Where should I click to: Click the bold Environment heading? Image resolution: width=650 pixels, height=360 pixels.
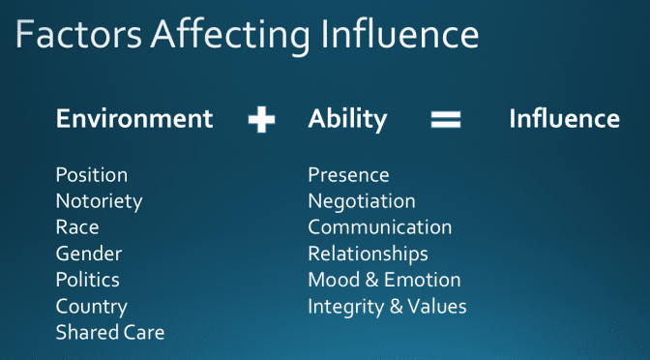click(x=134, y=119)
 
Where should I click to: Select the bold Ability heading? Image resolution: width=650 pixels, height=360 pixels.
click(x=347, y=119)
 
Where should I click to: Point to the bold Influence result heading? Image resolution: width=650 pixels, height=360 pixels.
click(x=564, y=119)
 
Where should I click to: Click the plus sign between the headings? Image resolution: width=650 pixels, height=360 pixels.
click(x=261, y=120)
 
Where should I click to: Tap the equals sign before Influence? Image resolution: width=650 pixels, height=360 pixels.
click(x=445, y=119)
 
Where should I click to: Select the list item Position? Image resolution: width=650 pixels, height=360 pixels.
click(x=92, y=175)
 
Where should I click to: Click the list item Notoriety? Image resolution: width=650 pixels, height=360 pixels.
click(x=99, y=201)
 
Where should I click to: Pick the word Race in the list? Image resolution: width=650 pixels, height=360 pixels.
click(x=77, y=227)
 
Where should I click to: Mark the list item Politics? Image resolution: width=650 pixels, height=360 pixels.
click(x=88, y=280)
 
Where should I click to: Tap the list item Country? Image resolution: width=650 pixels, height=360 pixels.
click(x=91, y=307)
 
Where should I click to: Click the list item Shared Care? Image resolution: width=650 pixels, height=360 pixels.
click(x=110, y=333)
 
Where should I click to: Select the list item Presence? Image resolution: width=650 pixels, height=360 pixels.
click(x=348, y=175)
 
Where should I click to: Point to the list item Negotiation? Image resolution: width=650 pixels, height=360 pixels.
click(x=362, y=201)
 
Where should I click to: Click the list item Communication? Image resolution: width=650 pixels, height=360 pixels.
click(x=380, y=227)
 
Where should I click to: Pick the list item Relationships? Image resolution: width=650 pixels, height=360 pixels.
click(x=368, y=254)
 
